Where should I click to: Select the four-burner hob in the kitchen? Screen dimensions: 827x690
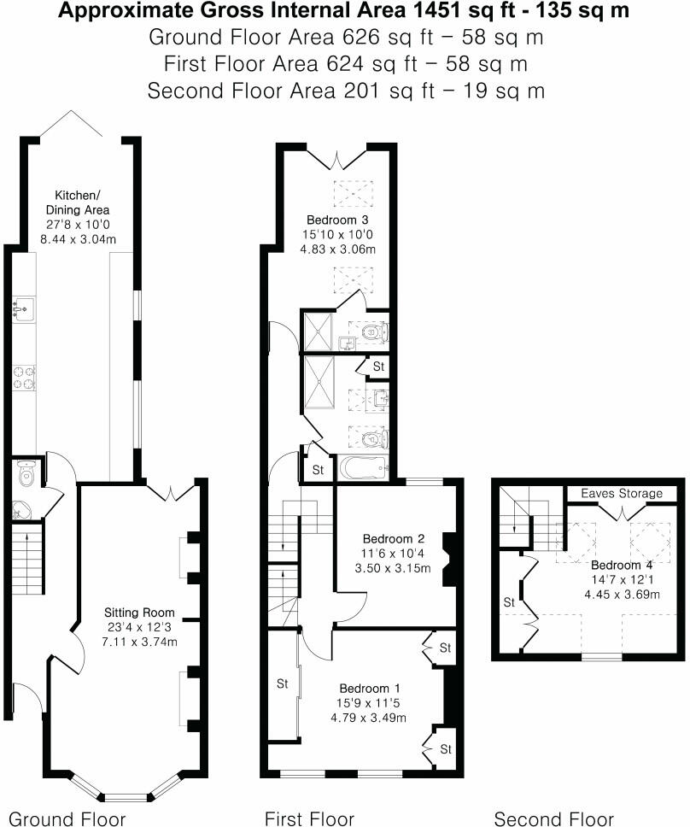point(23,376)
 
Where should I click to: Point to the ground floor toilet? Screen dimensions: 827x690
point(24,472)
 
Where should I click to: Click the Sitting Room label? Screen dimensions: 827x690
point(139,613)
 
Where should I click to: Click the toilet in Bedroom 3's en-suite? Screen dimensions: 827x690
point(374,331)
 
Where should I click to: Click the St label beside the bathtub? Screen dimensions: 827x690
point(318,470)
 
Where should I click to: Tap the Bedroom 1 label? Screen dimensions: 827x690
point(368,689)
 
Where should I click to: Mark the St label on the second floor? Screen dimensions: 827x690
point(509,602)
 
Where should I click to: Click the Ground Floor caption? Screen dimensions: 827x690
point(67,818)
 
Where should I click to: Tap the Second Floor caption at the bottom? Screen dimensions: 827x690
point(553,818)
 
